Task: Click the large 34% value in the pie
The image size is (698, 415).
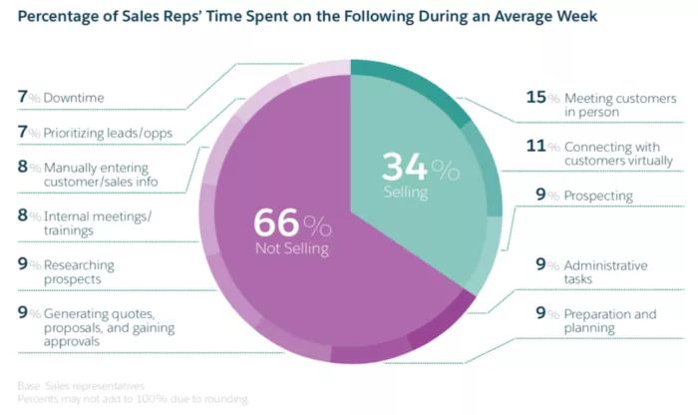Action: coord(420,168)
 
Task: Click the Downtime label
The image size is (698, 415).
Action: coord(76,98)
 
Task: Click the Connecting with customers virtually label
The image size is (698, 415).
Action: coord(617,153)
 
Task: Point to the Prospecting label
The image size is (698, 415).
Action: coord(598,196)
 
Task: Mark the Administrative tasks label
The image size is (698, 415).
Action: coord(605,272)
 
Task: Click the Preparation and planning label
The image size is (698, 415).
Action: coord(609,321)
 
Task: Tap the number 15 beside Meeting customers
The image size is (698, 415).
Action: coord(535,98)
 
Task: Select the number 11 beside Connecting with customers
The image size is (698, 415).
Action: coord(535,146)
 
